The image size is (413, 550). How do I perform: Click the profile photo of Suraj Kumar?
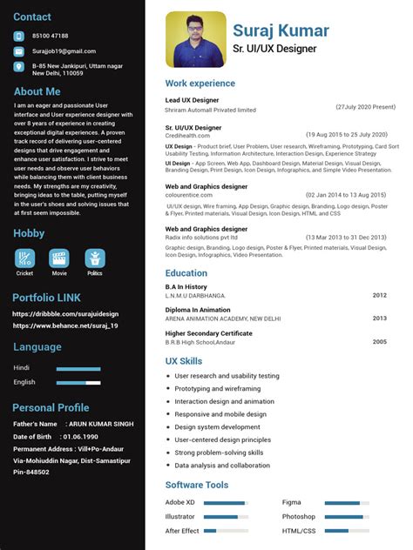click(195, 39)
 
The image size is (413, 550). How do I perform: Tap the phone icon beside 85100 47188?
click(19, 36)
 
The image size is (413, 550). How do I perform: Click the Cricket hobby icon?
click(24, 258)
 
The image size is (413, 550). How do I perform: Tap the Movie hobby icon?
click(59, 258)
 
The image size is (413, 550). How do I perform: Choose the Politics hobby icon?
click(94, 258)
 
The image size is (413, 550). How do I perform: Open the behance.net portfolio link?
click(65, 325)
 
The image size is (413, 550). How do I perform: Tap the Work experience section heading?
click(200, 84)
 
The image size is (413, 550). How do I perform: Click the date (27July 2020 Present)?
click(366, 106)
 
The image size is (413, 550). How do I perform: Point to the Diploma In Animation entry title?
click(198, 310)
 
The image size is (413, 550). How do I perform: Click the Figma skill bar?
click(348, 503)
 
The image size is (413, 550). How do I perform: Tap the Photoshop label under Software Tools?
click(298, 517)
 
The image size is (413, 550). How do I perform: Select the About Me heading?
click(37, 91)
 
